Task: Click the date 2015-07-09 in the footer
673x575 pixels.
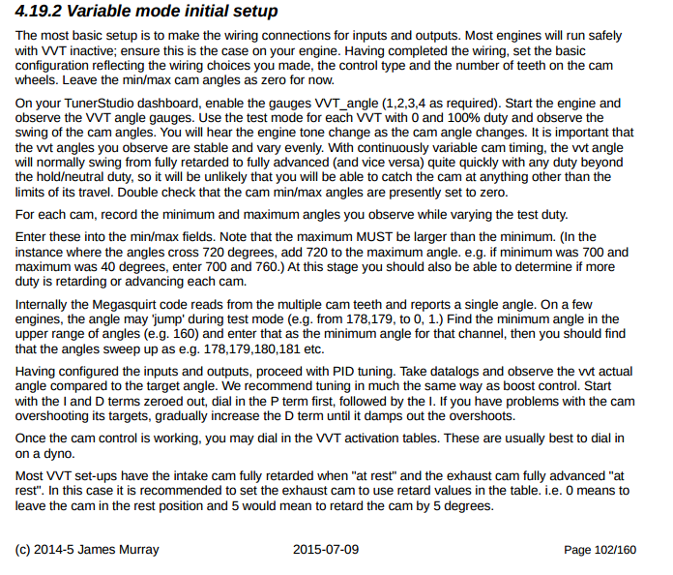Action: [326, 550]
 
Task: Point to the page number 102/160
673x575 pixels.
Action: [618, 550]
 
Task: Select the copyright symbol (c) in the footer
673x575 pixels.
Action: [24, 550]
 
